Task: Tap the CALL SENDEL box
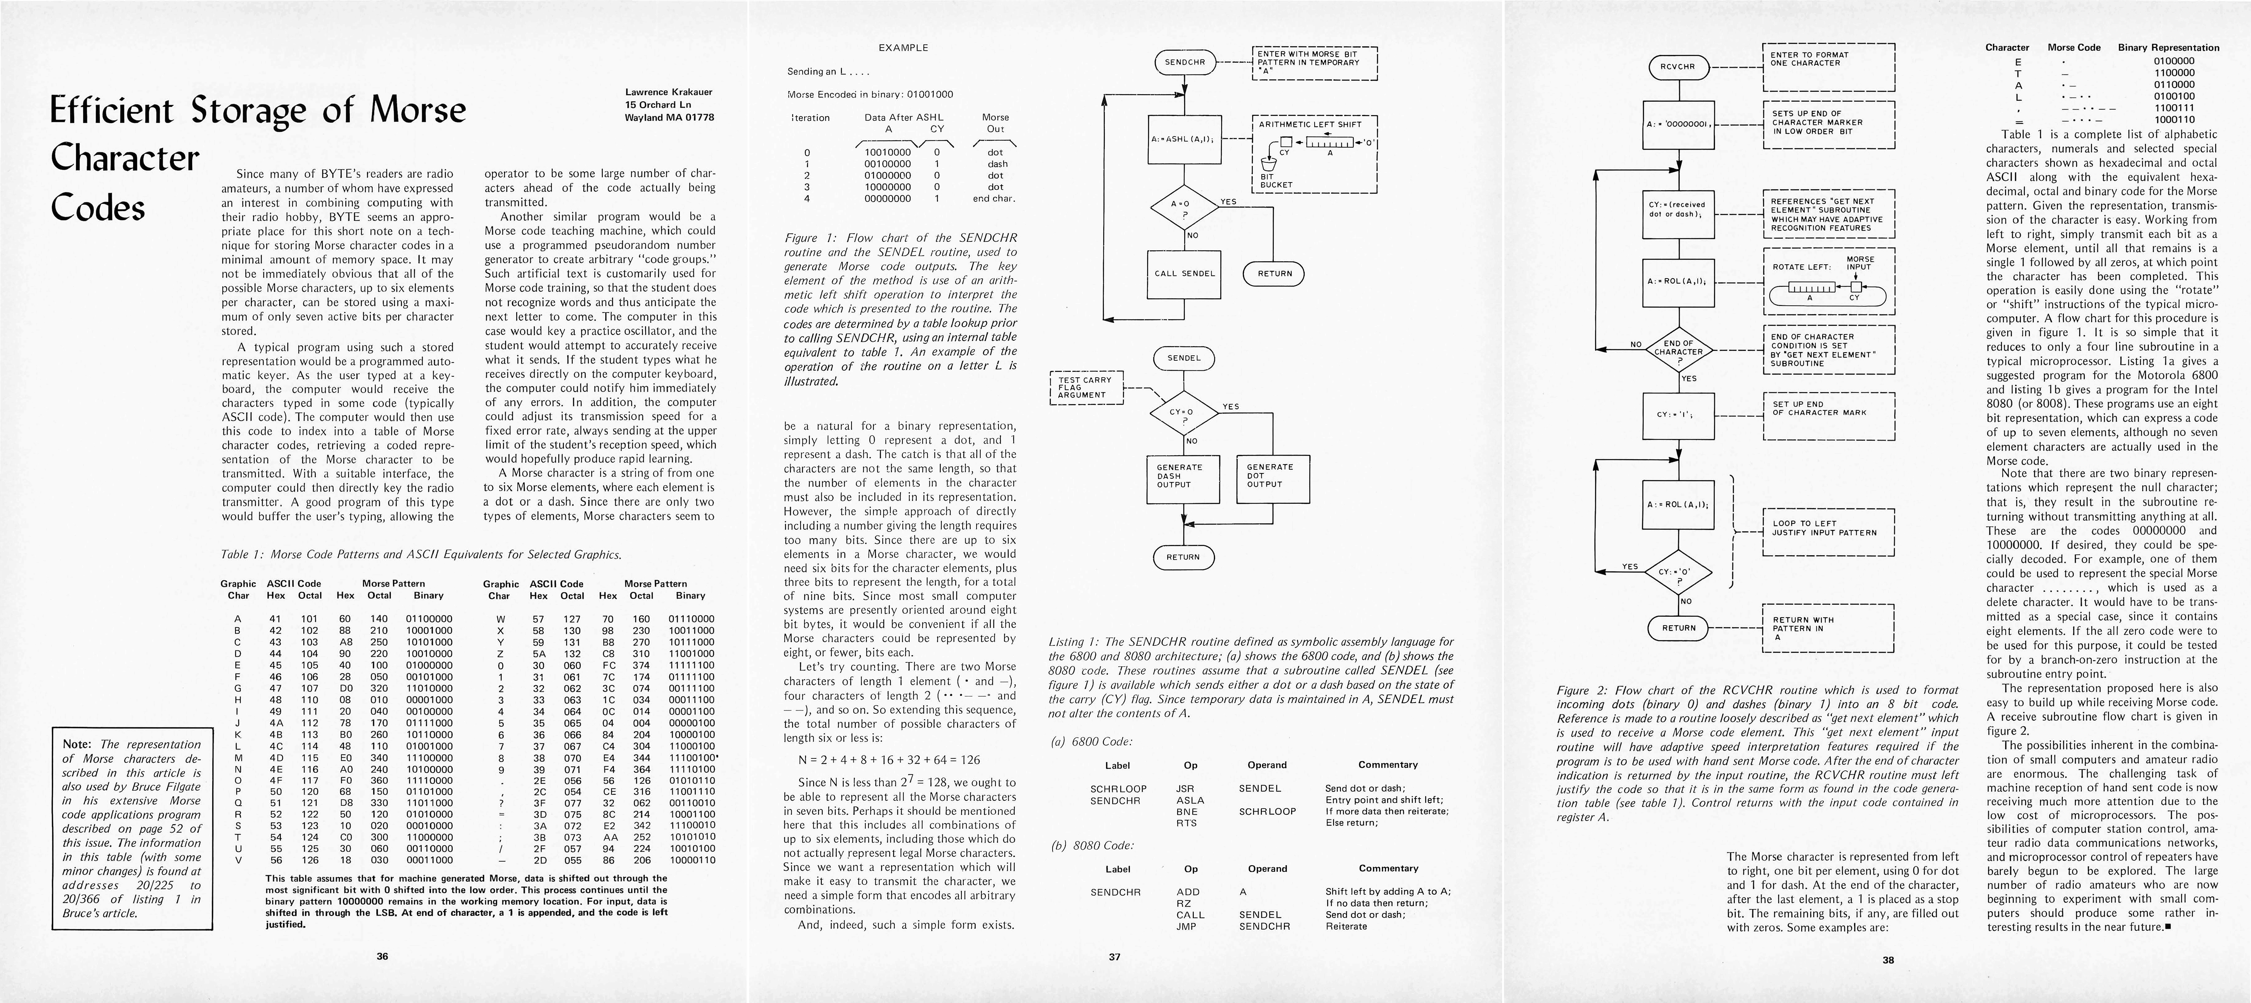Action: pos(1184,274)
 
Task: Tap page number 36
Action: pos(382,956)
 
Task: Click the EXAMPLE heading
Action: pos(903,48)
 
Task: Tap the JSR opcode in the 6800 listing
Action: pos(1185,788)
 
